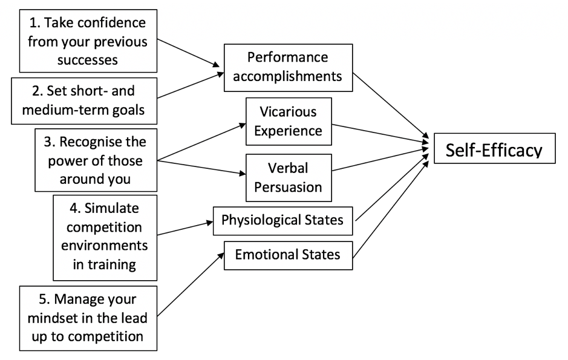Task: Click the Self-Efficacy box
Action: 494,149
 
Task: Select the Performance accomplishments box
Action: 287,67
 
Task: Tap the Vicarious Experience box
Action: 289,121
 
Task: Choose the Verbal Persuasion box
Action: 289,177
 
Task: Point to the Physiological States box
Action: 282,220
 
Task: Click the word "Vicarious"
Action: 289,112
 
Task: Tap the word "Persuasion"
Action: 289,186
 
